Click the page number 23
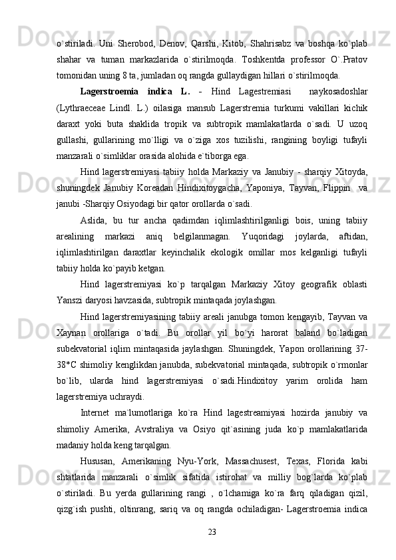(x=212, y=531)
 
